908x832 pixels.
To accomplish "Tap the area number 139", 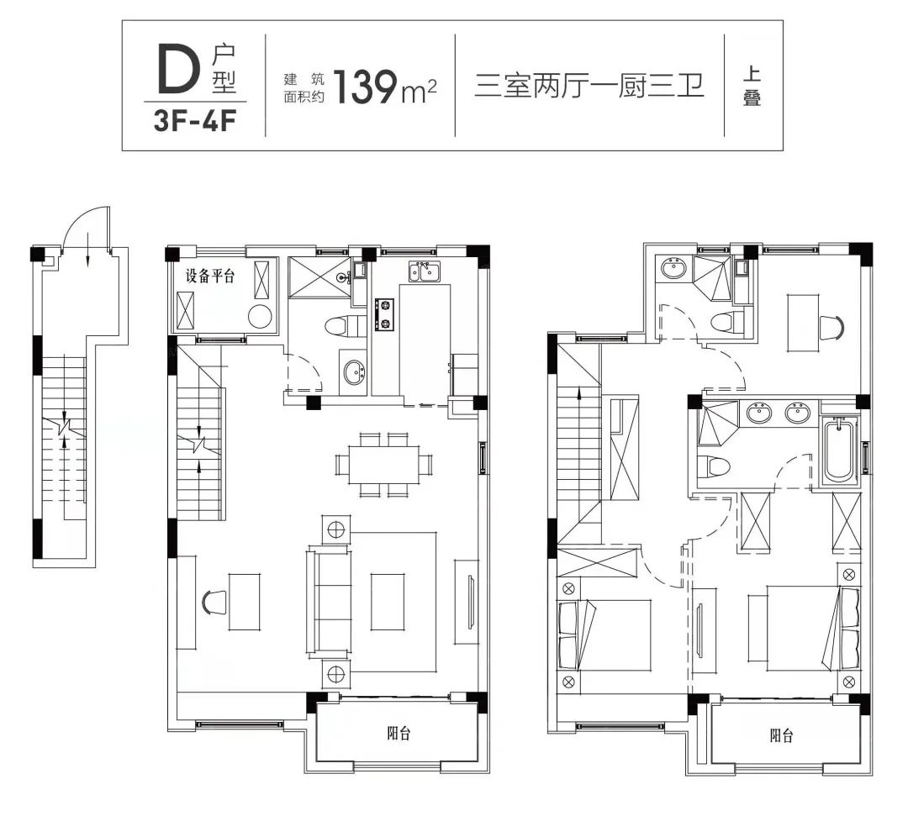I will tap(366, 87).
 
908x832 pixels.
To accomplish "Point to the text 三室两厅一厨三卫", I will tap(589, 86).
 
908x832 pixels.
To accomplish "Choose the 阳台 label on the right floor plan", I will tap(782, 736).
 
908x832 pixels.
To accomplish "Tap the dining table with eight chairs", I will tap(383, 463).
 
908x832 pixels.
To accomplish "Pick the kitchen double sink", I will tap(424, 271).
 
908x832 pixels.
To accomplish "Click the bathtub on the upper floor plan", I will tap(838, 450).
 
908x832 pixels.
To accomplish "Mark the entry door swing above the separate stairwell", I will tap(87, 229).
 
